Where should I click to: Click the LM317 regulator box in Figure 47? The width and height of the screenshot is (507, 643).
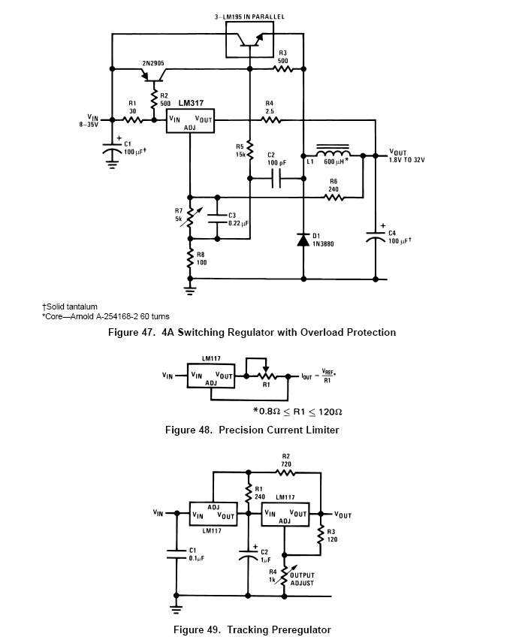190,120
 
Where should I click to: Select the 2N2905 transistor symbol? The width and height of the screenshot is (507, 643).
154,75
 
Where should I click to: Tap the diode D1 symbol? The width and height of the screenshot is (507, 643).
303,240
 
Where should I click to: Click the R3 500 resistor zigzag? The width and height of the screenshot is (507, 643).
283,69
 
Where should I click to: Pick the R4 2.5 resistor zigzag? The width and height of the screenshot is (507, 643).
270,120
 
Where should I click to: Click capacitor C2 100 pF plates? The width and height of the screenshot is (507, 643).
277,178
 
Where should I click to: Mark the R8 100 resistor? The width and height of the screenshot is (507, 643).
190,258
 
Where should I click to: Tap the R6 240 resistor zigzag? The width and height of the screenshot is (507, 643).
334,198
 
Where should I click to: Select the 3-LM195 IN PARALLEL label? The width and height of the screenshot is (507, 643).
249,17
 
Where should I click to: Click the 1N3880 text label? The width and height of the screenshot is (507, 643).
323,244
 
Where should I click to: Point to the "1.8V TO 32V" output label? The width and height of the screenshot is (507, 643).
407,160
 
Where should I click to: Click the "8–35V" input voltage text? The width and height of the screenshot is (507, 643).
89,124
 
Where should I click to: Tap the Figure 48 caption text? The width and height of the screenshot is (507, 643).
252,430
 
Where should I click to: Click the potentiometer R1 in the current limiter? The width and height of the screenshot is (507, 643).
266,376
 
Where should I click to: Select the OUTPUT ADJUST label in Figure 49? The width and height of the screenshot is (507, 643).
302,579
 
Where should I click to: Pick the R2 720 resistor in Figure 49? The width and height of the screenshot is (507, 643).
286,472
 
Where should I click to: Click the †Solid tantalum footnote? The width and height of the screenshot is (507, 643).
70,306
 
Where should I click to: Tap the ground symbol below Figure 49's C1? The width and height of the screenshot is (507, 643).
176,608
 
